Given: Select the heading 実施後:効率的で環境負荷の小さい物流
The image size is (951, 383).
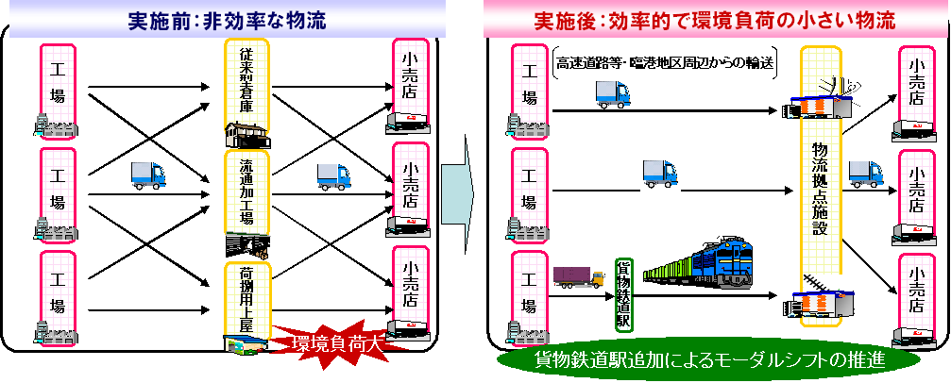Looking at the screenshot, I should point(712,20).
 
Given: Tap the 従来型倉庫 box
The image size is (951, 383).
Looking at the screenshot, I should point(246,84).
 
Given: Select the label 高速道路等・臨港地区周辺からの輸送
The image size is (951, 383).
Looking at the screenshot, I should point(665,63).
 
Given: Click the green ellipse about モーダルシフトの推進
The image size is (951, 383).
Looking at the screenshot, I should point(699,361).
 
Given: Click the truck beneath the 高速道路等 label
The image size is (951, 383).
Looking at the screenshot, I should point(613,92).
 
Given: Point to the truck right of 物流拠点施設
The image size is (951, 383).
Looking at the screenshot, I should point(864,173).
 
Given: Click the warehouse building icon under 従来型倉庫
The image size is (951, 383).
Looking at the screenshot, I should point(247,134).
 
